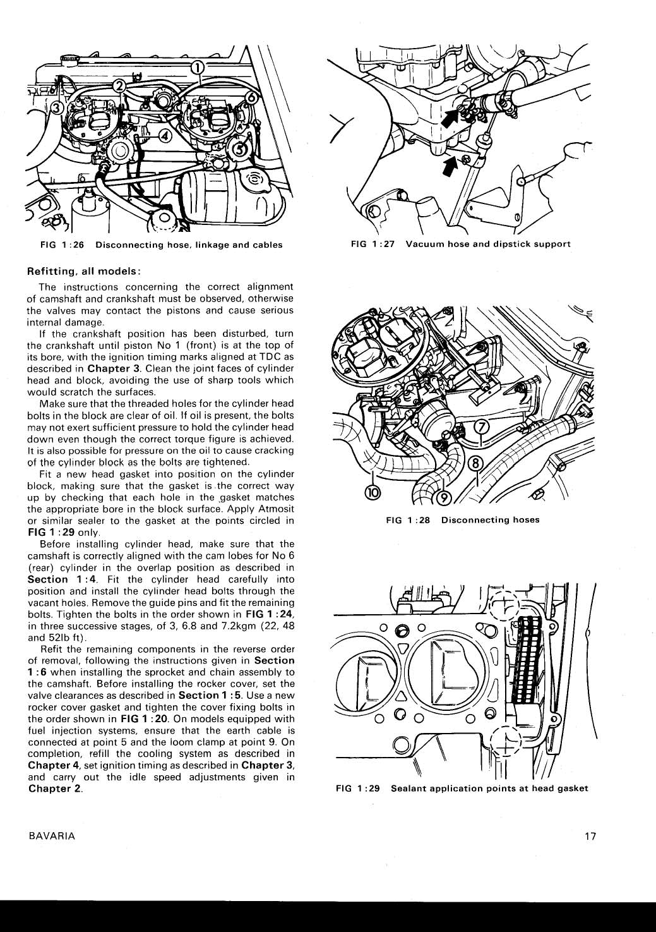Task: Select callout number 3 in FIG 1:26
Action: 56,108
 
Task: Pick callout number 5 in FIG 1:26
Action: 241,148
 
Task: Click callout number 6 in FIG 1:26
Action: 251,97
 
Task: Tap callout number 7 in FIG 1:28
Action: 482,427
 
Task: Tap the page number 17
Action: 590,836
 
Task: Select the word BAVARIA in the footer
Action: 52,836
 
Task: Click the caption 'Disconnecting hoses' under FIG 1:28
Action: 490,520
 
